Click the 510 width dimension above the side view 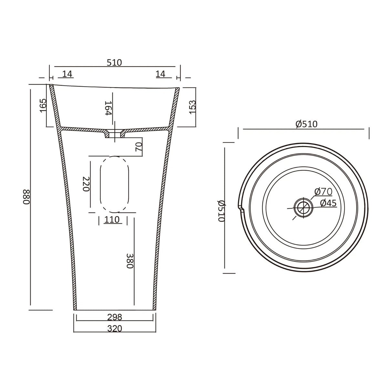point(114,62)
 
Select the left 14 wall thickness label point(67,74)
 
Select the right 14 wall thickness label point(160,74)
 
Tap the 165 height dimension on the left point(43,106)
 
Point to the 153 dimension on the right point(192,106)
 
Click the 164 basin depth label point(108,108)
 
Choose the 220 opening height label point(86,184)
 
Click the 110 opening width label point(112,220)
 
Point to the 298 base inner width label point(114,317)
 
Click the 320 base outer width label point(114,328)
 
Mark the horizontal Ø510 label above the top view point(306,124)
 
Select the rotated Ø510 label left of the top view point(221,210)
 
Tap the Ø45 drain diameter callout point(328,203)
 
